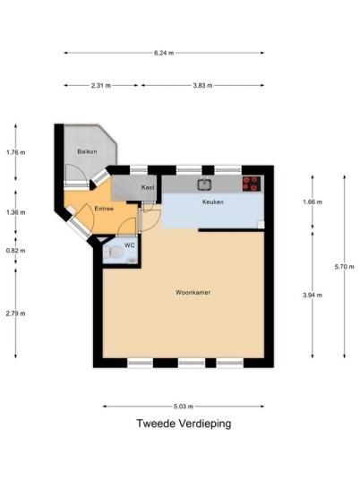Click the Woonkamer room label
193,292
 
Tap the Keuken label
213,202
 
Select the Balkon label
87,151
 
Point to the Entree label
104,209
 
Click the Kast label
148,187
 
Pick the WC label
129,245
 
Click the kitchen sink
204,184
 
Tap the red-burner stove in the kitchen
252,184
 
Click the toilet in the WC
113,253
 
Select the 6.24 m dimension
164,53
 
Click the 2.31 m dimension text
101,86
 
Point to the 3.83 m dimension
202,86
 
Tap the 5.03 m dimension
184,407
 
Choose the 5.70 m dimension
345,267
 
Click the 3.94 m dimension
313,296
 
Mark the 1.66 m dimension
313,202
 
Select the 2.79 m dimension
16,313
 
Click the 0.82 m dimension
16,251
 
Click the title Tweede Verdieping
184,424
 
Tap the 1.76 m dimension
16,152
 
